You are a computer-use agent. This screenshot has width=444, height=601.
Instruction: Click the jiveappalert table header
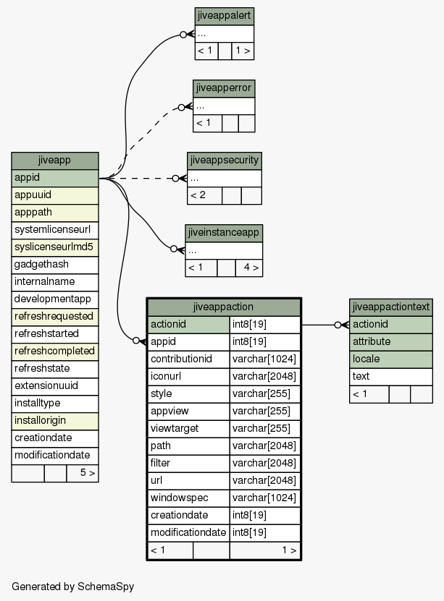pyautogui.click(x=224, y=16)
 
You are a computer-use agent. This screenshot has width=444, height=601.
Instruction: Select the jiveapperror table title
pyautogui.click(x=224, y=88)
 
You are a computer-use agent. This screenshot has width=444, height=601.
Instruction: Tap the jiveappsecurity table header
pyautogui.click(x=225, y=161)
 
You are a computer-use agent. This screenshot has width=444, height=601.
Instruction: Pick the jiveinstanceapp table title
pyautogui.click(x=224, y=233)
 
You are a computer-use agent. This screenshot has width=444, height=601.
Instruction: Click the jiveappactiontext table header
pyautogui.click(x=391, y=307)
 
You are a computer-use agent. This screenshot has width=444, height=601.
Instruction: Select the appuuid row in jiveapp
pyautogui.click(x=55, y=195)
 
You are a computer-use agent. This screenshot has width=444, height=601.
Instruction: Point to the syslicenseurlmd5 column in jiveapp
pyautogui.click(x=55, y=247)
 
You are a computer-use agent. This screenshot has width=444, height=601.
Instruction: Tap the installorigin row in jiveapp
pyautogui.click(x=55, y=421)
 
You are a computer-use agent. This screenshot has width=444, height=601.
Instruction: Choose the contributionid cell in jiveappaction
pyautogui.click(x=188, y=359)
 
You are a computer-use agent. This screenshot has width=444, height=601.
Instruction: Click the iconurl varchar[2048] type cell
pyautogui.click(x=265, y=377)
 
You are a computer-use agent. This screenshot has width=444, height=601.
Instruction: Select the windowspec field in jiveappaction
pyautogui.click(x=188, y=498)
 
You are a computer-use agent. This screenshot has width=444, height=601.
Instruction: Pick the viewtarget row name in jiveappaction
pyautogui.click(x=188, y=429)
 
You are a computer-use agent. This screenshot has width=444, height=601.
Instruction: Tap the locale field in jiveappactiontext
pyautogui.click(x=391, y=359)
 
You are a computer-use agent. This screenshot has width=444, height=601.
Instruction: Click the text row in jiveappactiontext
pyautogui.click(x=391, y=377)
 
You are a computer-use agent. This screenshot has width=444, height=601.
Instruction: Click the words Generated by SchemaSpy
pyautogui.click(x=73, y=587)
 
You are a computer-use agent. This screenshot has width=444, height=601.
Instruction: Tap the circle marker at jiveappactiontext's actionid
pyautogui.click(x=338, y=325)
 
